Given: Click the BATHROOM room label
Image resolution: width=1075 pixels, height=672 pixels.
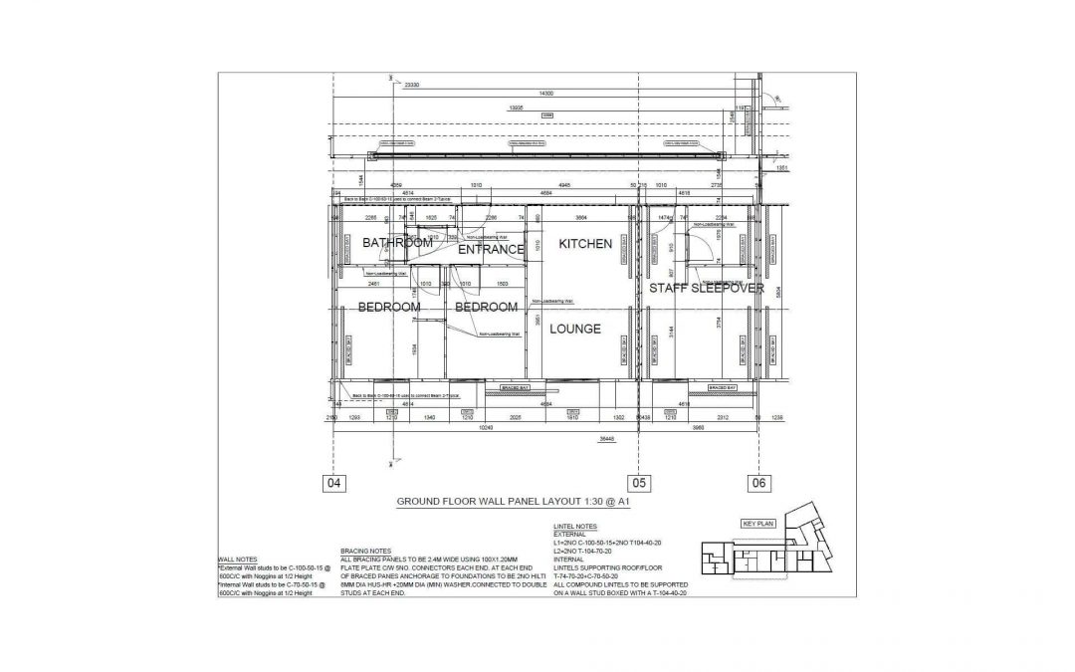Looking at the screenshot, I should point(397,243).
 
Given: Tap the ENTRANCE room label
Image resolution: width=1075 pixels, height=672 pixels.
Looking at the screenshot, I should point(491,250).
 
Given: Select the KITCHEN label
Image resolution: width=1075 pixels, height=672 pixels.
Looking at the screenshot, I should point(584,244).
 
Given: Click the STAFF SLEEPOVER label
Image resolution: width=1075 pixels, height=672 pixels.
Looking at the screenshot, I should point(707,288).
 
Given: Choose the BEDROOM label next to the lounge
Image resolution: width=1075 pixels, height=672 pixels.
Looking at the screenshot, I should point(487,308).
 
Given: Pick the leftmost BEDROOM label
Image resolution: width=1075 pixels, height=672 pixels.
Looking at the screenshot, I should point(389,308).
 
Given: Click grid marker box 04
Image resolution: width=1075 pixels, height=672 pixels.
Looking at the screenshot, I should point(333,484).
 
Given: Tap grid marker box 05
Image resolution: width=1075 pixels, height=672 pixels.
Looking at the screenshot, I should point(638,484).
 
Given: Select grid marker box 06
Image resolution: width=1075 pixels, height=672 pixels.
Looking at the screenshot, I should point(758,484).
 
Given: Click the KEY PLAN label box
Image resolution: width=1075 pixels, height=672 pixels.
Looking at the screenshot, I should point(758,523).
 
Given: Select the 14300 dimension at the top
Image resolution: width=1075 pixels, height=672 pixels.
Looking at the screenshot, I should point(545,93).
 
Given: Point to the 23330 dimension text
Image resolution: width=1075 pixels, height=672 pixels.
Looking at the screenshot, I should point(411,86).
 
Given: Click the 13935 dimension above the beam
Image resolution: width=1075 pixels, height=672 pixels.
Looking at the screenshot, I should point(517,108).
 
